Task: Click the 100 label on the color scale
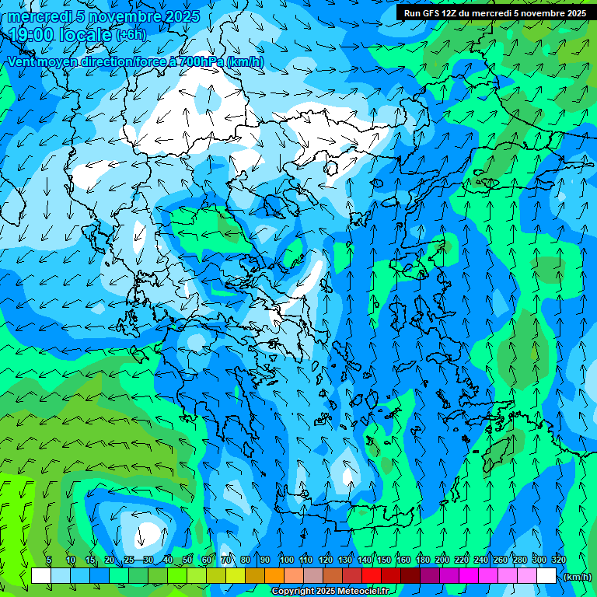point(286,560)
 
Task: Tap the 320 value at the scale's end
point(558,560)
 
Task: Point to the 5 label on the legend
point(49,560)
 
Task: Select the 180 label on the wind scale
point(422,560)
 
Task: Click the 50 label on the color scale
point(187,560)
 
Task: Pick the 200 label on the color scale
point(442,560)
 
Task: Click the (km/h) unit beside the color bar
point(578,577)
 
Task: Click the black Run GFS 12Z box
point(495,13)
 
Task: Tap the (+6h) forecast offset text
point(131,35)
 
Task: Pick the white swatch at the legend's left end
point(41,576)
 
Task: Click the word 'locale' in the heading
point(89,34)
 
